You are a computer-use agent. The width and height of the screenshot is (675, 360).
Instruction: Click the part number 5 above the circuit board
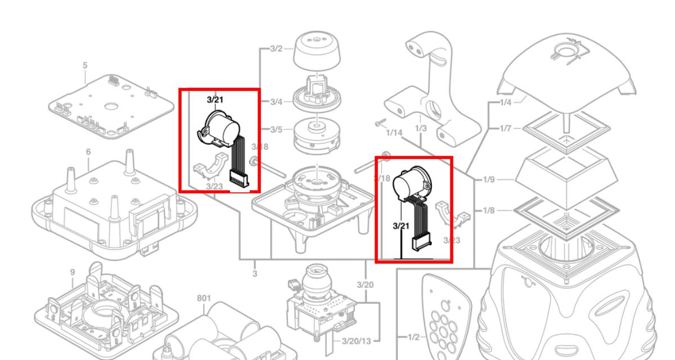pos(85,65)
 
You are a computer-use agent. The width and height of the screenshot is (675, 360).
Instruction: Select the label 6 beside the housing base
pos(88,152)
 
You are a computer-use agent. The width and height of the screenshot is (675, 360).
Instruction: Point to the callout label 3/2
pos(276,48)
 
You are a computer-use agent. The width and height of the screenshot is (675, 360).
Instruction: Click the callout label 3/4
pos(276,102)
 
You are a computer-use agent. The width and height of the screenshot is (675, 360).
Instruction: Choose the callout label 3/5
pos(276,130)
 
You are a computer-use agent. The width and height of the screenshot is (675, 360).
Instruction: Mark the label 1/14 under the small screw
pos(394,133)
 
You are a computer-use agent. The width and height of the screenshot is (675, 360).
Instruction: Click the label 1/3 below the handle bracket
pos(421,129)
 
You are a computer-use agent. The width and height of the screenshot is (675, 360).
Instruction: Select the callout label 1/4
pos(505,102)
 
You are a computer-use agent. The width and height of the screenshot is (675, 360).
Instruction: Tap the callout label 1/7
pos(505,129)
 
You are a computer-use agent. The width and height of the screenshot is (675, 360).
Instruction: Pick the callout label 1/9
pos(488,180)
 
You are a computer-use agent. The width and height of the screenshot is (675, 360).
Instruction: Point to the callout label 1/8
pos(488,210)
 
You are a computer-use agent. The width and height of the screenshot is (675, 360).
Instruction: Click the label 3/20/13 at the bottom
pos(357,341)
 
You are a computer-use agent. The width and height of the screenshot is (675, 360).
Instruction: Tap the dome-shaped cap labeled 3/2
pos(318,52)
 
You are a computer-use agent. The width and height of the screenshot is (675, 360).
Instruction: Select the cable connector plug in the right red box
pos(422,244)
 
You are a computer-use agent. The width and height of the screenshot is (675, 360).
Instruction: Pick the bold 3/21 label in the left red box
pos(215,100)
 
